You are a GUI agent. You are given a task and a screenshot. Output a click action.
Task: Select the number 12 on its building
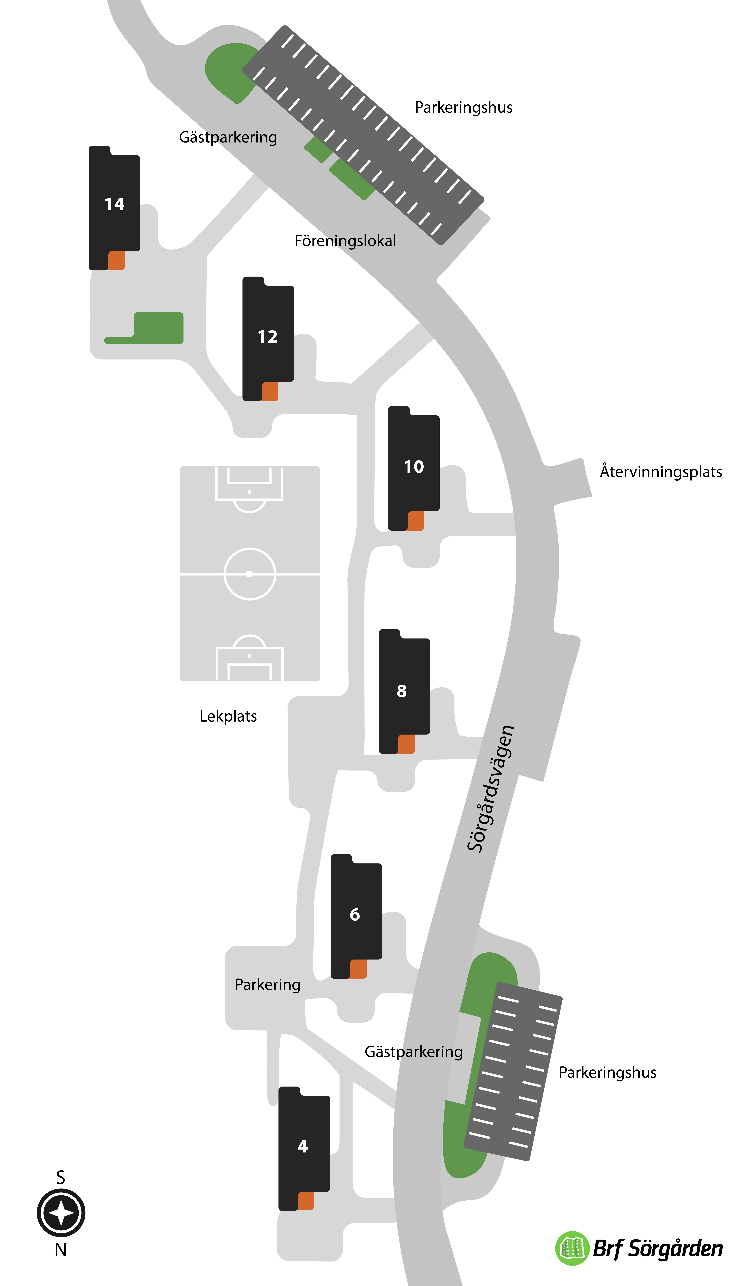(268, 337)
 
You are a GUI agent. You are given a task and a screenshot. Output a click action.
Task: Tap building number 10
(414, 468)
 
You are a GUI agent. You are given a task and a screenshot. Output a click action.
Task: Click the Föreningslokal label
(345, 241)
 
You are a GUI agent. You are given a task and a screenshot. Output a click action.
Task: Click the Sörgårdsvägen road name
(491, 789)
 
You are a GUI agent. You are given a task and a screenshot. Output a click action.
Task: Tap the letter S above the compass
(61, 1177)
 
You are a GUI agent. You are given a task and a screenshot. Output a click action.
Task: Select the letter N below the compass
(61, 1250)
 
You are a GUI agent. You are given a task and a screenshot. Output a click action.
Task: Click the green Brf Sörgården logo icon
(572, 1248)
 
